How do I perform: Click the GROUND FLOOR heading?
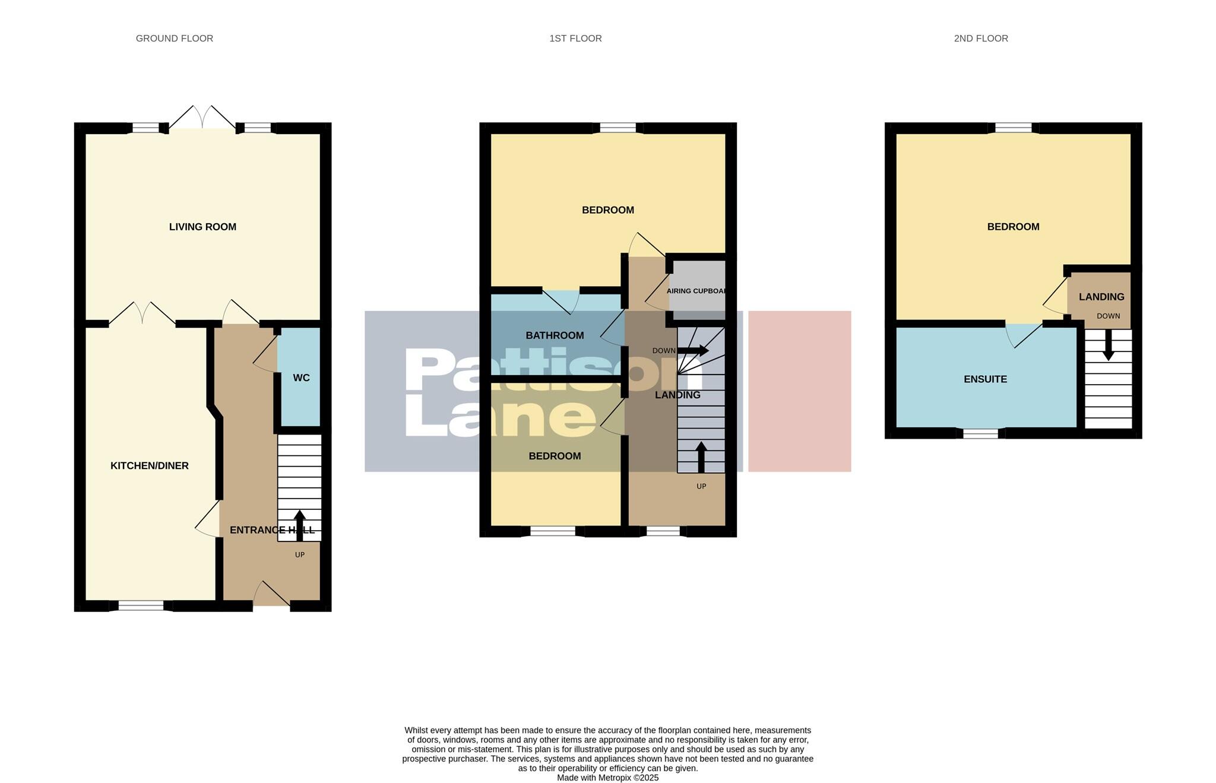coord(174,39)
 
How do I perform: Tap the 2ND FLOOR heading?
coord(980,39)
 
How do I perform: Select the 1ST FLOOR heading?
coord(575,39)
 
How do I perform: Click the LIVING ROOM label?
coord(202,227)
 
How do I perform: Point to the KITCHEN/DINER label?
coord(149,466)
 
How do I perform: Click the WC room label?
coord(301,378)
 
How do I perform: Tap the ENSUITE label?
coord(985,379)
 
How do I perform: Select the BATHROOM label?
coord(555,335)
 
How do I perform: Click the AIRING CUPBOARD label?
coord(696,291)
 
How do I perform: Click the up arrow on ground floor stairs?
coord(300,525)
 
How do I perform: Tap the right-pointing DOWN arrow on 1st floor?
coord(693,351)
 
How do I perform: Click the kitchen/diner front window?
coord(141,606)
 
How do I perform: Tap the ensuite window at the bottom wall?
coord(980,434)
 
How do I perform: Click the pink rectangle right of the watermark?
coord(799,391)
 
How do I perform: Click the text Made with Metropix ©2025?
coord(607,778)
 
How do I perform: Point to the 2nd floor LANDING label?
coord(1101,297)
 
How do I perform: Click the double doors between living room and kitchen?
coord(142,314)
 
